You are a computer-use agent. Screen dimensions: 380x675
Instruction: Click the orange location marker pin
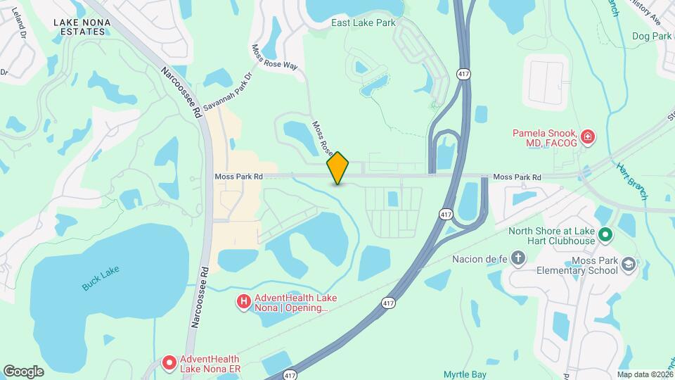coord(338,167)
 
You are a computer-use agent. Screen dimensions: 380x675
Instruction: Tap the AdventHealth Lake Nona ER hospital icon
coord(169,362)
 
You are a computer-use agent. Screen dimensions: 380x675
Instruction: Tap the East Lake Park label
coord(364,23)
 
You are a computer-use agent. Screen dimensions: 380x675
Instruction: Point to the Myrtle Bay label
coord(465,374)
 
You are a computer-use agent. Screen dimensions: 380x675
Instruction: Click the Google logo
coord(23,371)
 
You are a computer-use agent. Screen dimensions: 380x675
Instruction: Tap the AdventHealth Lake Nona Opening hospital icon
coord(244,302)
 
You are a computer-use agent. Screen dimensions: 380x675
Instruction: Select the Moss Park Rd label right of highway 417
coord(517,177)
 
